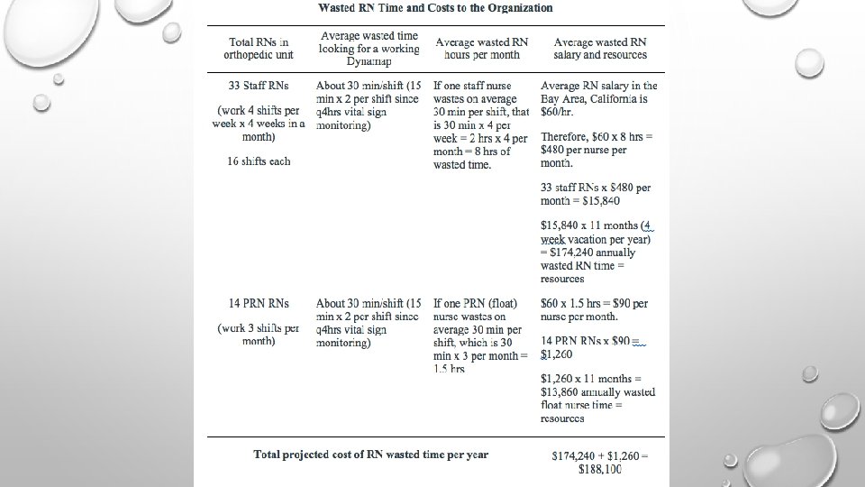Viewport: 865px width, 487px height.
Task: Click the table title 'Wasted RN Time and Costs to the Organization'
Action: pyautogui.click(x=435, y=8)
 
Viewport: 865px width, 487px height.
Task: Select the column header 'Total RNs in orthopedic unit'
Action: pyautogui.click(x=259, y=49)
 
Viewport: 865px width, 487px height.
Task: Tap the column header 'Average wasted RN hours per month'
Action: pyautogui.click(x=482, y=49)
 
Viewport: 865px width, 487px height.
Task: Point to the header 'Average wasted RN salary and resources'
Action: pyautogui.click(x=600, y=49)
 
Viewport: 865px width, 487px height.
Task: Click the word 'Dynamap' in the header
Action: pyautogui.click(x=369, y=61)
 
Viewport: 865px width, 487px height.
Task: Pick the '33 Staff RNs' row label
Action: pyautogui.click(x=259, y=87)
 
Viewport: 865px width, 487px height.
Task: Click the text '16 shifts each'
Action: pyautogui.click(x=259, y=161)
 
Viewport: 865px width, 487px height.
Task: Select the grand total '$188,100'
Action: pyautogui.click(x=598, y=469)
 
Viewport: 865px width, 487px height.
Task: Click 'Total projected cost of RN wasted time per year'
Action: pyautogui.click(x=370, y=455)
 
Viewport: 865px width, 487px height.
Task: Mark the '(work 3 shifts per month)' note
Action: pyautogui.click(x=259, y=335)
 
